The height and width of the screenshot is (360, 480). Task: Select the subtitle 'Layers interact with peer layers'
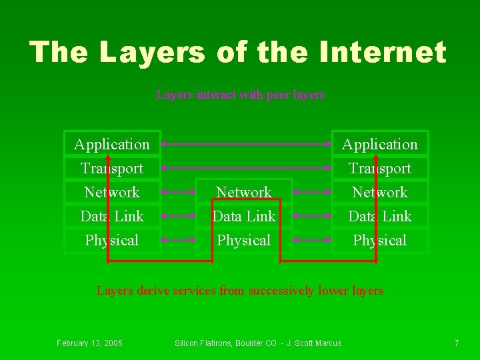[x=240, y=95]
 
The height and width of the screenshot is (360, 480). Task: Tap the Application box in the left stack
[x=112, y=144]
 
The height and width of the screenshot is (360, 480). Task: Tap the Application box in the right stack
[x=380, y=144]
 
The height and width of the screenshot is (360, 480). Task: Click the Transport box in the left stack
[x=112, y=168]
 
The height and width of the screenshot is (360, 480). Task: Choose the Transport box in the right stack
[x=380, y=168]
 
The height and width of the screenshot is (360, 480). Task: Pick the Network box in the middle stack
[x=244, y=192]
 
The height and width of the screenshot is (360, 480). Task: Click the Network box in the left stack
[x=112, y=192]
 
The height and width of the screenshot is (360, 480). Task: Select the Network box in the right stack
[x=380, y=192]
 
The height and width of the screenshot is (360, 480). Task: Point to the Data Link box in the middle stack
[x=244, y=216]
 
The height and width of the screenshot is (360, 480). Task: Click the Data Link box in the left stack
[x=112, y=216]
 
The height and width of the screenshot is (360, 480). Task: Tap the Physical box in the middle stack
[x=244, y=240]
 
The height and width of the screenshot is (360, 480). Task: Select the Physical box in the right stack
[x=380, y=240]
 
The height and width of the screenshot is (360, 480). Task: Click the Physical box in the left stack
[x=112, y=240]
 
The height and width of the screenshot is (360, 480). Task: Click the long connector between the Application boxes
[x=246, y=143]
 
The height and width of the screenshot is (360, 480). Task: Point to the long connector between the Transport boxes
[x=246, y=167]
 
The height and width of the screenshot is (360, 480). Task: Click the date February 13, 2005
[x=89, y=343]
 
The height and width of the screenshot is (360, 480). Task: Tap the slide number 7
[x=457, y=343]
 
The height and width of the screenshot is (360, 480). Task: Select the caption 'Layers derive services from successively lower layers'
[x=240, y=291]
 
